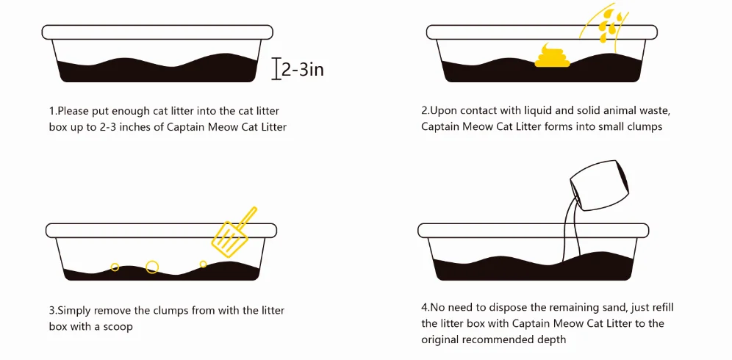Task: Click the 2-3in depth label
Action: (x=303, y=70)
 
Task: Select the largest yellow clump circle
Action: (x=152, y=267)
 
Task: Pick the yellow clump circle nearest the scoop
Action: (x=203, y=264)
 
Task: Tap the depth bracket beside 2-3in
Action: (x=277, y=69)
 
